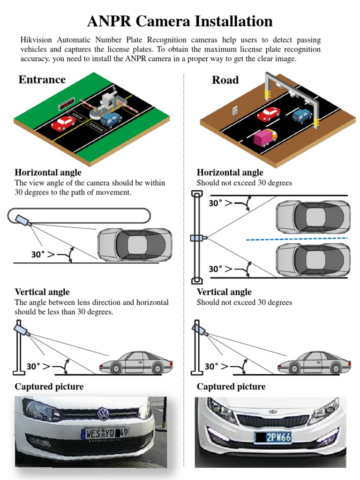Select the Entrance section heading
click(42, 79)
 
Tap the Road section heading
click(225, 80)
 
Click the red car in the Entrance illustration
click(63, 123)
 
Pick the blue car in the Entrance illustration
click(111, 119)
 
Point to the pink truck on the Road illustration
click(265, 137)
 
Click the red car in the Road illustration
click(268, 114)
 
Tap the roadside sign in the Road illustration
click(235, 110)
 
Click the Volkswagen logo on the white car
click(102, 414)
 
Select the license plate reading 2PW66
click(273, 438)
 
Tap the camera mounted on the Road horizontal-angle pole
click(196, 238)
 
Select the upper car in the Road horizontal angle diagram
click(313, 216)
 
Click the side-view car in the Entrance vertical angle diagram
click(136, 363)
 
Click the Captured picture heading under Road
click(231, 387)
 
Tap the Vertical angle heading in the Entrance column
click(42, 292)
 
